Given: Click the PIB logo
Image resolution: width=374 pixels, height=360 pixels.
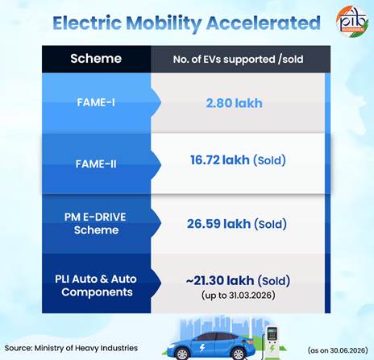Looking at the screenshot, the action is pyautogui.click(x=351, y=21).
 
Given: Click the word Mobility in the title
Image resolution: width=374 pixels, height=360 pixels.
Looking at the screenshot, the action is pyautogui.click(x=164, y=23).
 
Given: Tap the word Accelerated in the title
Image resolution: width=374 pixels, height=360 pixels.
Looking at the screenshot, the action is pyautogui.click(x=264, y=23).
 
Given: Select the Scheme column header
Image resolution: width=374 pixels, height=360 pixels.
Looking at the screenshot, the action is pyautogui.click(x=96, y=59).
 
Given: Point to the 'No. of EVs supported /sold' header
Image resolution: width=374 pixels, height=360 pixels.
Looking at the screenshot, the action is pyautogui.click(x=238, y=60).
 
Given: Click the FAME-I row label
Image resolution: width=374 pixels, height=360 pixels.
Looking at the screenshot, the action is pyautogui.click(x=96, y=102).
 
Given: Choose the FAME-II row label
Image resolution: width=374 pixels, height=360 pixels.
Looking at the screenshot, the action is pyautogui.click(x=96, y=163).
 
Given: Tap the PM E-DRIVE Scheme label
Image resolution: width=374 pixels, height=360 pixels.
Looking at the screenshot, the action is pyautogui.click(x=96, y=223).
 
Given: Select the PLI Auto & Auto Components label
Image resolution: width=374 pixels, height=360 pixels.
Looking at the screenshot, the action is pyautogui.click(x=96, y=285).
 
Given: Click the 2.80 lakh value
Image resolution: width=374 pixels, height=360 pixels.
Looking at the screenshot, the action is pyautogui.click(x=235, y=103).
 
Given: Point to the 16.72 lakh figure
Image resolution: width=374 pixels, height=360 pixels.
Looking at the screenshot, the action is pyautogui.click(x=220, y=160).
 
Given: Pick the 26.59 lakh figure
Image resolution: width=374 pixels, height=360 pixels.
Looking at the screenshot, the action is pyautogui.click(x=218, y=224).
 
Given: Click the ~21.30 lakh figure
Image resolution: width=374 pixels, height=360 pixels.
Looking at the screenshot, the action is pyautogui.click(x=220, y=280).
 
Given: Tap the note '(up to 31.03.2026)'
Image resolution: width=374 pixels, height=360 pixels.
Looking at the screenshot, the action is pyautogui.click(x=239, y=296).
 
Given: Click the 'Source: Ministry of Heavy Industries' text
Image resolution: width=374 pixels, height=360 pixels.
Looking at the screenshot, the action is pyautogui.click(x=71, y=348).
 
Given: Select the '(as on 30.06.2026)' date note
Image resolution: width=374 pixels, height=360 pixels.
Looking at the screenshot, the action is pyautogui.click(x=338, y=350).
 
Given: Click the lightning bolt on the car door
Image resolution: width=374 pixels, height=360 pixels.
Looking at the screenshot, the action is pyautogui.click(x=202, y=348).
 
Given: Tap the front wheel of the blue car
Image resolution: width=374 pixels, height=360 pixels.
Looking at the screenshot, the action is pyautogui.click(x=237, y=354).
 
